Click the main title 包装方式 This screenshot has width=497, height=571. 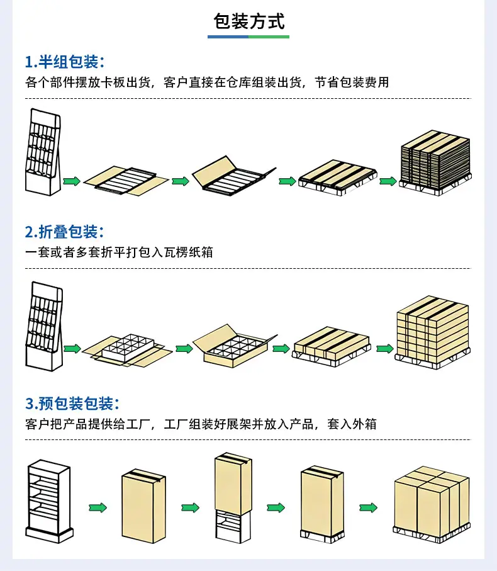click(x=249, y=21)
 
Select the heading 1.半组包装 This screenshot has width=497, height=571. click(x=64, y=62)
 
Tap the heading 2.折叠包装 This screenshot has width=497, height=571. click(x=64, y=232)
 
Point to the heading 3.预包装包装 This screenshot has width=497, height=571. click(x=72, y=404)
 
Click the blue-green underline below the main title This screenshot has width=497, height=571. click(x=248, y=37)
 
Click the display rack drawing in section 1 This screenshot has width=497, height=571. click(x=43, y=152)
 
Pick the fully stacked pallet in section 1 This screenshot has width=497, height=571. click(x=435, y=163)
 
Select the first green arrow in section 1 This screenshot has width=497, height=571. click(x=72, y=181)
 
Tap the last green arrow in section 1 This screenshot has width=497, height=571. click(x=388, y=181)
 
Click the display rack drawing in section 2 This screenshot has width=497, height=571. click(x=44, y=326)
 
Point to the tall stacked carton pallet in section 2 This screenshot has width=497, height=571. click(x=433, y=332)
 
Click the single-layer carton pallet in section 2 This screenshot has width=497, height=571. click(x=332, y=346)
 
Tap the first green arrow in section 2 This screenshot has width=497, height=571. click(x=72, y=349)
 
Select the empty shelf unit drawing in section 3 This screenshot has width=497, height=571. click(x=49, y=502)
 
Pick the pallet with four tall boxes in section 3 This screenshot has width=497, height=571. click(x=432, y=505)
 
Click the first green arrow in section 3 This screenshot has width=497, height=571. click(x=98, y=507)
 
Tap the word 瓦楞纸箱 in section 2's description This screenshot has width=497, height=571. click(x=189, y=252)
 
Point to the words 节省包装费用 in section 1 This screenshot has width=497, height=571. click(x=352, y=82)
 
